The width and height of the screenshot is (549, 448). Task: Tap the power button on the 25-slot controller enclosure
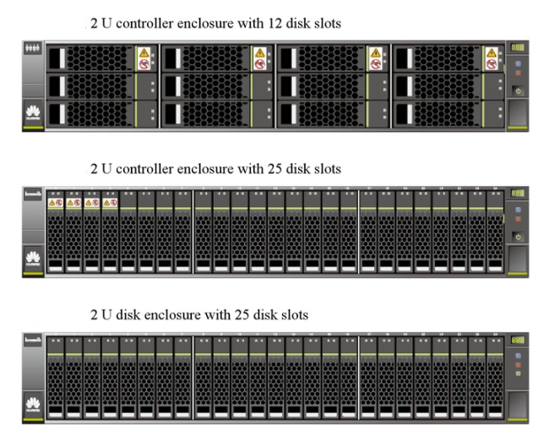click(517, 237)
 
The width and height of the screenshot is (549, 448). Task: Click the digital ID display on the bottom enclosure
click(517, 339)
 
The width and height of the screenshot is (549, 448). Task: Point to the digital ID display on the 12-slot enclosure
click(517, 48)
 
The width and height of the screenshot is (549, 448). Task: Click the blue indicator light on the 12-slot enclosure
click(517, 62)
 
